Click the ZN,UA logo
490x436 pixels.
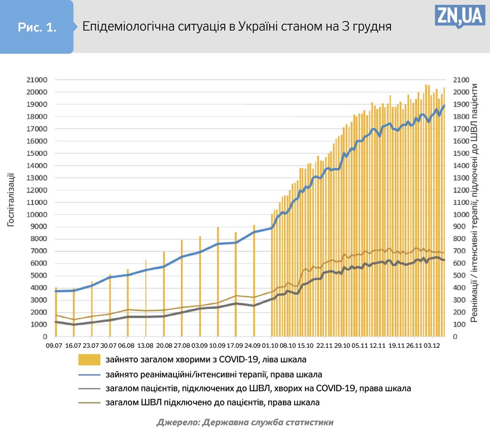459,16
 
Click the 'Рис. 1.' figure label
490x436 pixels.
37,27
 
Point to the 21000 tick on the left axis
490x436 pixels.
37,80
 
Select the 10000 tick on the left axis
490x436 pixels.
37,214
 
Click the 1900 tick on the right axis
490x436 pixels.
461,104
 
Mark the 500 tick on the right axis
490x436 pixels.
459,275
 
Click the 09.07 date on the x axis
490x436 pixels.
54,346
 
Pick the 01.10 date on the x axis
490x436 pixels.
270,346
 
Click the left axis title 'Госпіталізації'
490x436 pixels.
11,199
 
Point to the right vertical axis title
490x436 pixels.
474,203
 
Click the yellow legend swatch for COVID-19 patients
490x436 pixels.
89,360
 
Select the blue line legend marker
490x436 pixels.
89,375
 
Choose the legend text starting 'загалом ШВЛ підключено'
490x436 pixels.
212,403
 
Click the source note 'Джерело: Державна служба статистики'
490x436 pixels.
245,422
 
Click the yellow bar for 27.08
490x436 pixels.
182,288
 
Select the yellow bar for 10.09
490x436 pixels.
218,282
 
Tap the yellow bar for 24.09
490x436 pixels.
254,280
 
